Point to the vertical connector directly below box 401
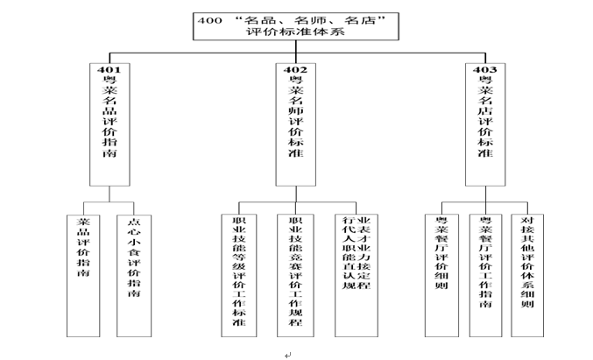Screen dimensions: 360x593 click(x=108, y=198)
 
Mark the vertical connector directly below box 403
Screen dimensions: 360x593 click(x=484, y=198)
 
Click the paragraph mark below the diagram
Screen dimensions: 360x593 click(x=287, y=353)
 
